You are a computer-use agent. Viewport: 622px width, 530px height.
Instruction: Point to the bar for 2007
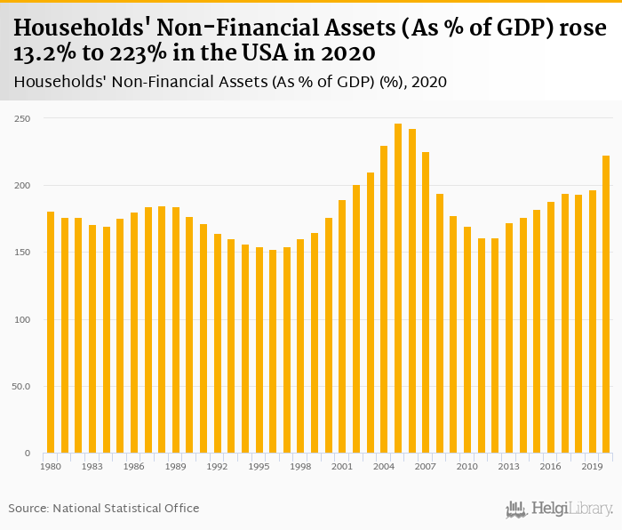426,303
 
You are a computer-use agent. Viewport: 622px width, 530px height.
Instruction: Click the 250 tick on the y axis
21,118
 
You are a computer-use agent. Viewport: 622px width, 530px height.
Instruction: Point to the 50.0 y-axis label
20,387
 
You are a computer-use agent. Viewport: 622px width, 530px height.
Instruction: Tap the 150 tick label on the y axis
21,253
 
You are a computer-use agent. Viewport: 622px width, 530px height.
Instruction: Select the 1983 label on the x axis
92,466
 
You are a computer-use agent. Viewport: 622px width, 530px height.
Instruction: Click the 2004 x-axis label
384,466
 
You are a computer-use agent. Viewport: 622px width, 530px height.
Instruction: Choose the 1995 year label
259,466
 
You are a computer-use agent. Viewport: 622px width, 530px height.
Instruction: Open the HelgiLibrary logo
560,509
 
